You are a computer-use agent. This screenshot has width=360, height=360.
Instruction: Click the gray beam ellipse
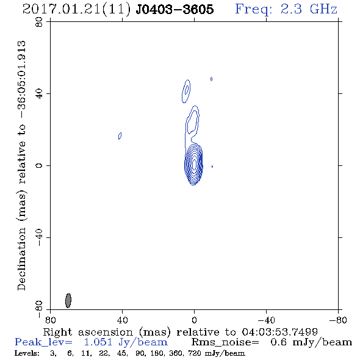point(68,301)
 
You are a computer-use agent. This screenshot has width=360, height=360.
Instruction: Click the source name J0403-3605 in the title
point(175,9)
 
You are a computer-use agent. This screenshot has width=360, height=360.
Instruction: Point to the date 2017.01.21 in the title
point(62,9)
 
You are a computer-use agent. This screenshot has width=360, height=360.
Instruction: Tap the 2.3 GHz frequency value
point(309,9)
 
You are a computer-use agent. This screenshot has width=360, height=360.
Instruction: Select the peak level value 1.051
point(98,342)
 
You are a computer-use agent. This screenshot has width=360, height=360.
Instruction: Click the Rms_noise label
point(225,342)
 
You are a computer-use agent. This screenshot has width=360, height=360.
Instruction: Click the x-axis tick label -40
point(266,320)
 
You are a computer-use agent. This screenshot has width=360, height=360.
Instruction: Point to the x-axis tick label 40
point(122,320)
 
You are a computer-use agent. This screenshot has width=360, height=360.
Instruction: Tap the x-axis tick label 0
point(194,320)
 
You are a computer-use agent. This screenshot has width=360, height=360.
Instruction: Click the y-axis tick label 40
point(39,93)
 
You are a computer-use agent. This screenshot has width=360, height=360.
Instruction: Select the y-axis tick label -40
point(39,237)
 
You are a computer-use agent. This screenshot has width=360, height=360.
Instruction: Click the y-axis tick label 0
point(39,165)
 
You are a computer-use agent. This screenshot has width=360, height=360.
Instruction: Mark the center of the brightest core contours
point(194,164)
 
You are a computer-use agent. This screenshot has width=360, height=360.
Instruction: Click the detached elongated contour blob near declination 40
point(186,91)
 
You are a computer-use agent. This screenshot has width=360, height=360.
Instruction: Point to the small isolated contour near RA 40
point(120,135)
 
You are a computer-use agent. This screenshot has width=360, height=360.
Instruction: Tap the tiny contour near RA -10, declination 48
point(212,79)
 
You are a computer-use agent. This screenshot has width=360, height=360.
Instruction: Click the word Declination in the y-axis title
point(21,259)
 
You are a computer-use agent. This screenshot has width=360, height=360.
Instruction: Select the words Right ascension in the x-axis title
point(88,332)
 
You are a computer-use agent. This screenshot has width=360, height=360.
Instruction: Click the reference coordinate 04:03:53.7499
point(279,332)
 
